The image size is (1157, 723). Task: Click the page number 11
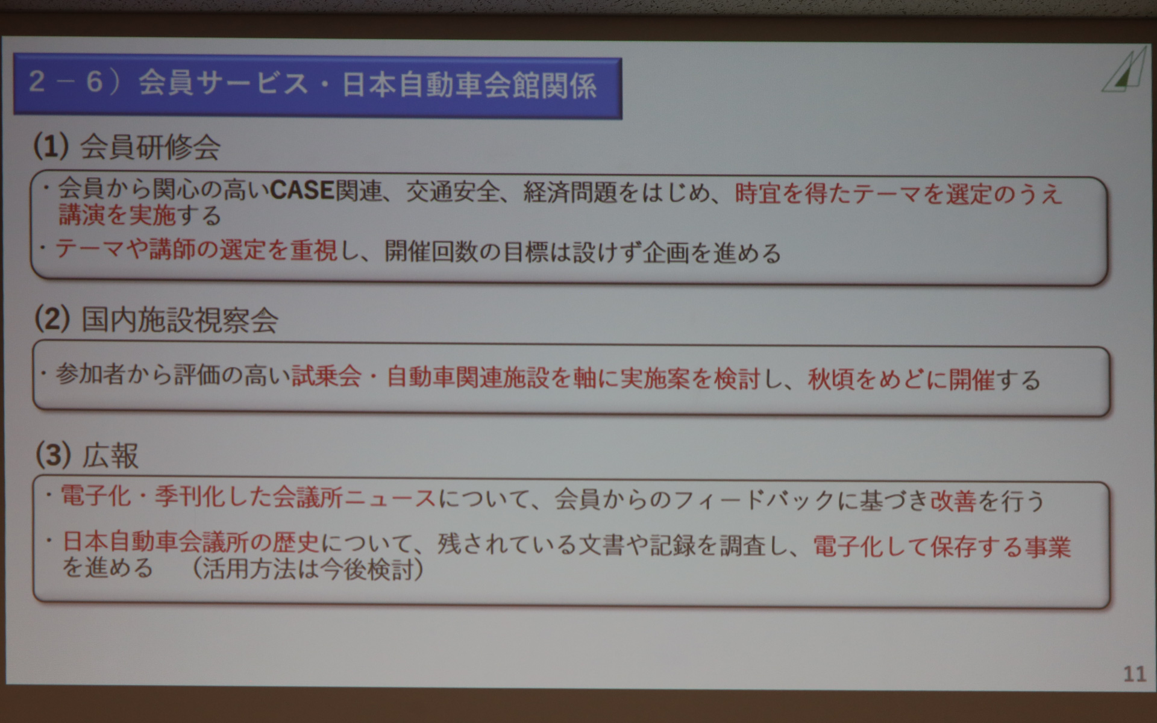coord(1134,674)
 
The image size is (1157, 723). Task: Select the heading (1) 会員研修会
coord(127,146)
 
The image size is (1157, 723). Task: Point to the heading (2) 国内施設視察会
coord(156,319)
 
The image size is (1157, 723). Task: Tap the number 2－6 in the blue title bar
coord(66,82)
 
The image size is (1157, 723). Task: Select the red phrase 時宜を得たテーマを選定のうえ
coord(898,194)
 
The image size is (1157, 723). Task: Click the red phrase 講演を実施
coord(117,215)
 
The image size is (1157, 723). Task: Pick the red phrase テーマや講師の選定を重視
coord(196,249)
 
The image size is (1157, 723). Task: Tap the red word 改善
coord(953,501)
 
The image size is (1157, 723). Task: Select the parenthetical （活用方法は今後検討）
coord(307,569)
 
